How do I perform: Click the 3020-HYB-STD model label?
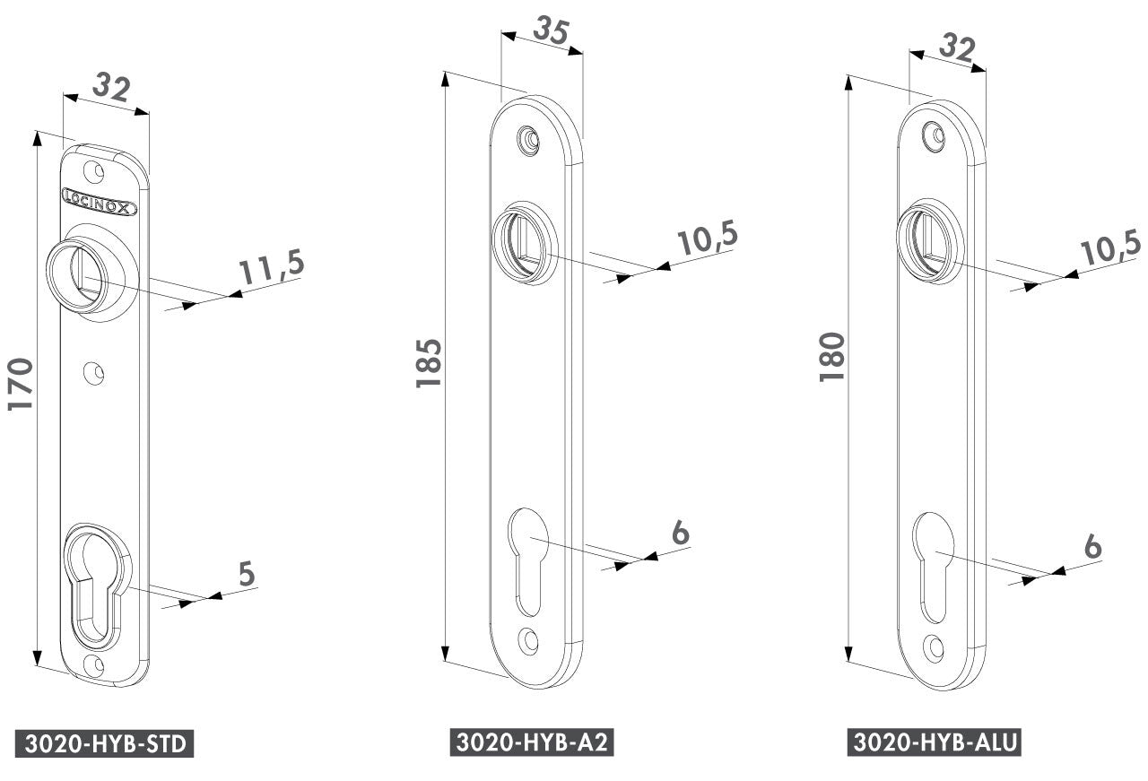[x=105, y=743]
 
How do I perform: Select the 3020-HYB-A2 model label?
[x=532, y=742]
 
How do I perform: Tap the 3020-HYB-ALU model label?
[x=935, y=742]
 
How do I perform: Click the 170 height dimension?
[x=21, y=384]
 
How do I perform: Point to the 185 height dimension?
[x=429, y=363]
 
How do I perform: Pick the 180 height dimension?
[x=831, y=357]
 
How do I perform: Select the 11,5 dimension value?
[x=272, y=266]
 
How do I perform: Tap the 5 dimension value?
[x=247, y=574]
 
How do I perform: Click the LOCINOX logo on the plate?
[x=100, y=202]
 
